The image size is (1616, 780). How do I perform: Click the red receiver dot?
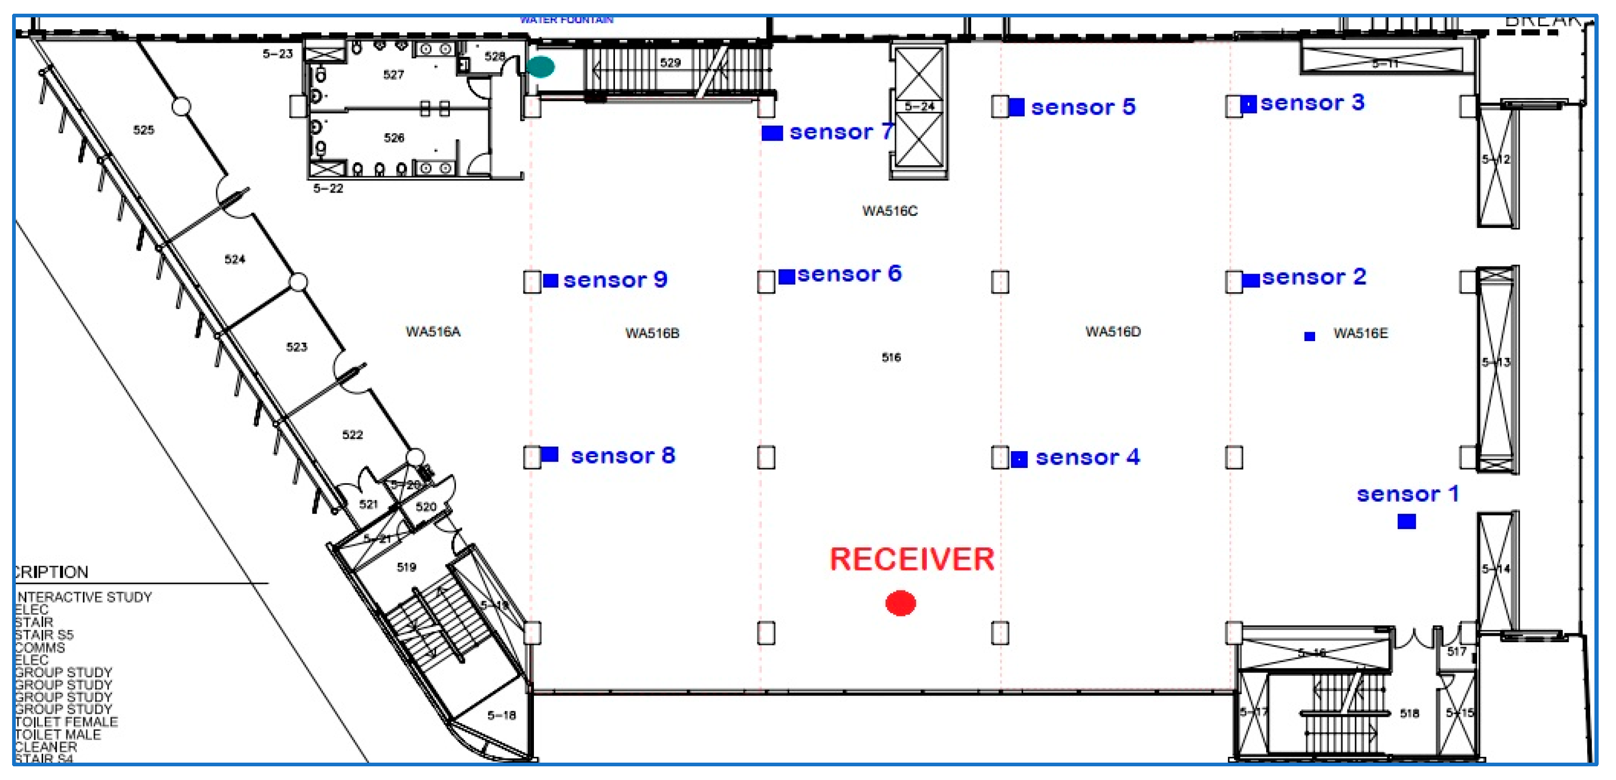pos(900,603)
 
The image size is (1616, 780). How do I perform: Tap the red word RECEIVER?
pos(912,559)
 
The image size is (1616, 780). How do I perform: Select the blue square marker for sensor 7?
pos(772,133)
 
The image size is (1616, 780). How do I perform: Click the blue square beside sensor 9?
pos(550,281)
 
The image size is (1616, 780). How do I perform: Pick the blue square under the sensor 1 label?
pos(1407,522)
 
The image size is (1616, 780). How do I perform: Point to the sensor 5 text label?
pos(1083,107)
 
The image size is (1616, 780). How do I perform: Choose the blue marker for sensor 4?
pos(1019,459)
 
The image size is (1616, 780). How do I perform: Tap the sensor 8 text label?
pos(622,456)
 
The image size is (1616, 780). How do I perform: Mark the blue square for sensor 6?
pos(786,276)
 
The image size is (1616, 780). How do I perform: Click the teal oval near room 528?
pos(540,66)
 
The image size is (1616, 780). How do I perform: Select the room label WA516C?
pos(890,211)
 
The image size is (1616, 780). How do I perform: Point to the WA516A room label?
pos(433,332)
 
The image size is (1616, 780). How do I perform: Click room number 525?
pos(144,130)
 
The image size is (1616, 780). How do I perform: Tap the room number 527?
pos(393,75)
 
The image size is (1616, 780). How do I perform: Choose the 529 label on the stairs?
pos(670,63)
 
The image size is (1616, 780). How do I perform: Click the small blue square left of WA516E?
pos(1309,336)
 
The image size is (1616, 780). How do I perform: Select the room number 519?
pos(407,567)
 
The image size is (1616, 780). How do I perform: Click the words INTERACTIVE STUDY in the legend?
pos(84,597)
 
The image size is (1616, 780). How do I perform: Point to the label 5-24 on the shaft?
pos(919,107)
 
